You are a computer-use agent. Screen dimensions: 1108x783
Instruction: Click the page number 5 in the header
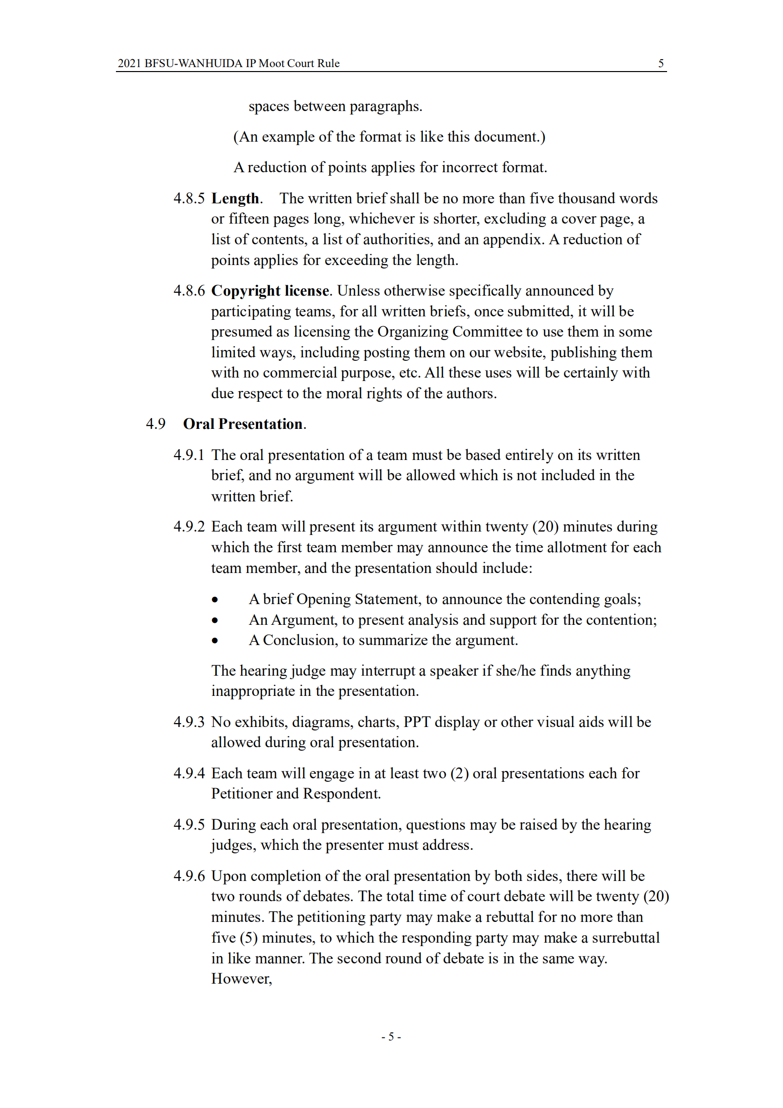661,63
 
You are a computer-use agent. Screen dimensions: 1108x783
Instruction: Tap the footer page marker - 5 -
391,1036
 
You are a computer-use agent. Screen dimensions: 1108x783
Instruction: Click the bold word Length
235,198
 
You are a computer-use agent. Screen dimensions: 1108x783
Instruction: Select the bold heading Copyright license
270,291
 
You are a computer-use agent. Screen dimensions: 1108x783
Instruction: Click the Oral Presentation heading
243,424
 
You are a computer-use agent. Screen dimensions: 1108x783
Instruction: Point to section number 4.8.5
188,198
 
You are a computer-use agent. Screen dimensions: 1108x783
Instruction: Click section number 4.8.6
188,291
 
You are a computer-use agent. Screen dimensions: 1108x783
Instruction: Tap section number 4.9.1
188,455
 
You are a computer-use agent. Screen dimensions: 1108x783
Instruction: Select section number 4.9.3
188,722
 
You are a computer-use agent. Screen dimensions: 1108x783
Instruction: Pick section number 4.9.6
188,876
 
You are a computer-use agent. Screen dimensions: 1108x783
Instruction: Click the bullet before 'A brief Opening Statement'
215,600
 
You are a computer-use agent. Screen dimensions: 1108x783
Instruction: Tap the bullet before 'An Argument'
215,621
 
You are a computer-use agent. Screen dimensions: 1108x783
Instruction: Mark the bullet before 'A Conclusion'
215,641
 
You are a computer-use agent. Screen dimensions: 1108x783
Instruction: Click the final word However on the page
241,979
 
